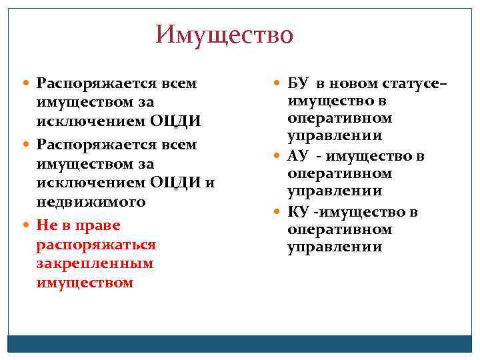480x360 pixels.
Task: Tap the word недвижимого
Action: coord(91,201)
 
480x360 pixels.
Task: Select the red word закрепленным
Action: coord(95,263)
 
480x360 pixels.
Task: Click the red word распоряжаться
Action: coord(97,245)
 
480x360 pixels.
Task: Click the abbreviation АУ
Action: coord(297,157)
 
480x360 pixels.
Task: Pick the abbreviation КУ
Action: coord(297,213)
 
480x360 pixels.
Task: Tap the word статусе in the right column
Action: coord(411,83)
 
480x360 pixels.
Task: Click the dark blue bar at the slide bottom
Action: coord(240,343)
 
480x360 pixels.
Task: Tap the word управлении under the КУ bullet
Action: coord(335,247)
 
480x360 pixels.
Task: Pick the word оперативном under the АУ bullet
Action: coord(339,173)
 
